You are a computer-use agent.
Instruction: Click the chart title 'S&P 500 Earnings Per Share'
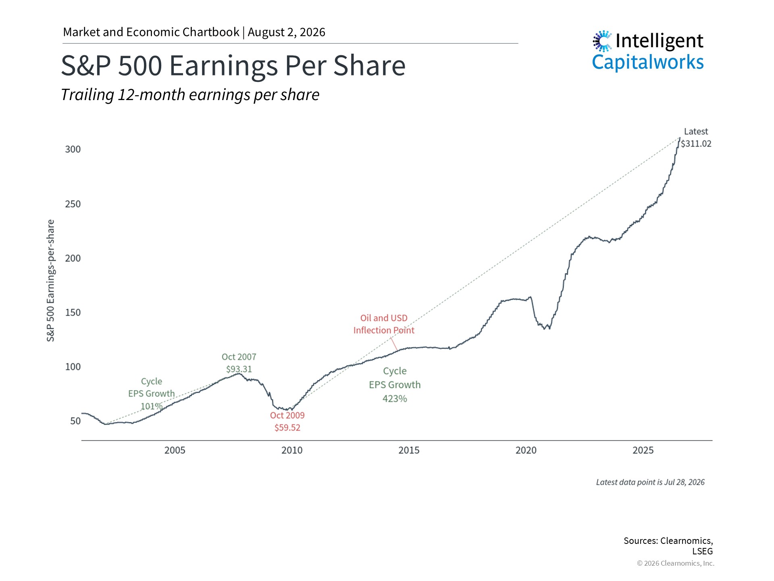233,66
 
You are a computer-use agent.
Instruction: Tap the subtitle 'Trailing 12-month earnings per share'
190,95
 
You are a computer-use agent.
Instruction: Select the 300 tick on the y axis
73,149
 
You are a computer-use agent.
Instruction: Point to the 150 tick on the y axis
73,312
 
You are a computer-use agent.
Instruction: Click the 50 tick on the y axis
75,421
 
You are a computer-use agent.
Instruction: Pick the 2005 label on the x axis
175,450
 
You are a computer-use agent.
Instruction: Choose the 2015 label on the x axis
409,450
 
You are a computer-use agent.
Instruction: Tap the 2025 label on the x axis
643,450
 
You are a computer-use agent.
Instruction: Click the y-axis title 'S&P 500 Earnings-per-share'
50,280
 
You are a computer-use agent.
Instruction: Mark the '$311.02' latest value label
696,144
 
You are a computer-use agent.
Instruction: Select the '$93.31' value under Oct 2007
239,369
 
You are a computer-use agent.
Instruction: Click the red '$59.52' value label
287,428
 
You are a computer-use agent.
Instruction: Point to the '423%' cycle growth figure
395,399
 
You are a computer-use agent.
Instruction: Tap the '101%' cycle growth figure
152,406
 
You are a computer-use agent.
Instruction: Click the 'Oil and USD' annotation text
384,318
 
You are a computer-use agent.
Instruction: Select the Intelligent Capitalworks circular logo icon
602,41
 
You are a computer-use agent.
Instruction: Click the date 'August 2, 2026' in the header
286,32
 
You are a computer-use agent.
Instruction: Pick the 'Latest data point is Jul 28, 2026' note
650,482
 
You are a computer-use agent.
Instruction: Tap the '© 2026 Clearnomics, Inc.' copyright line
676,563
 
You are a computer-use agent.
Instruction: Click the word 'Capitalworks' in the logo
648,62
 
